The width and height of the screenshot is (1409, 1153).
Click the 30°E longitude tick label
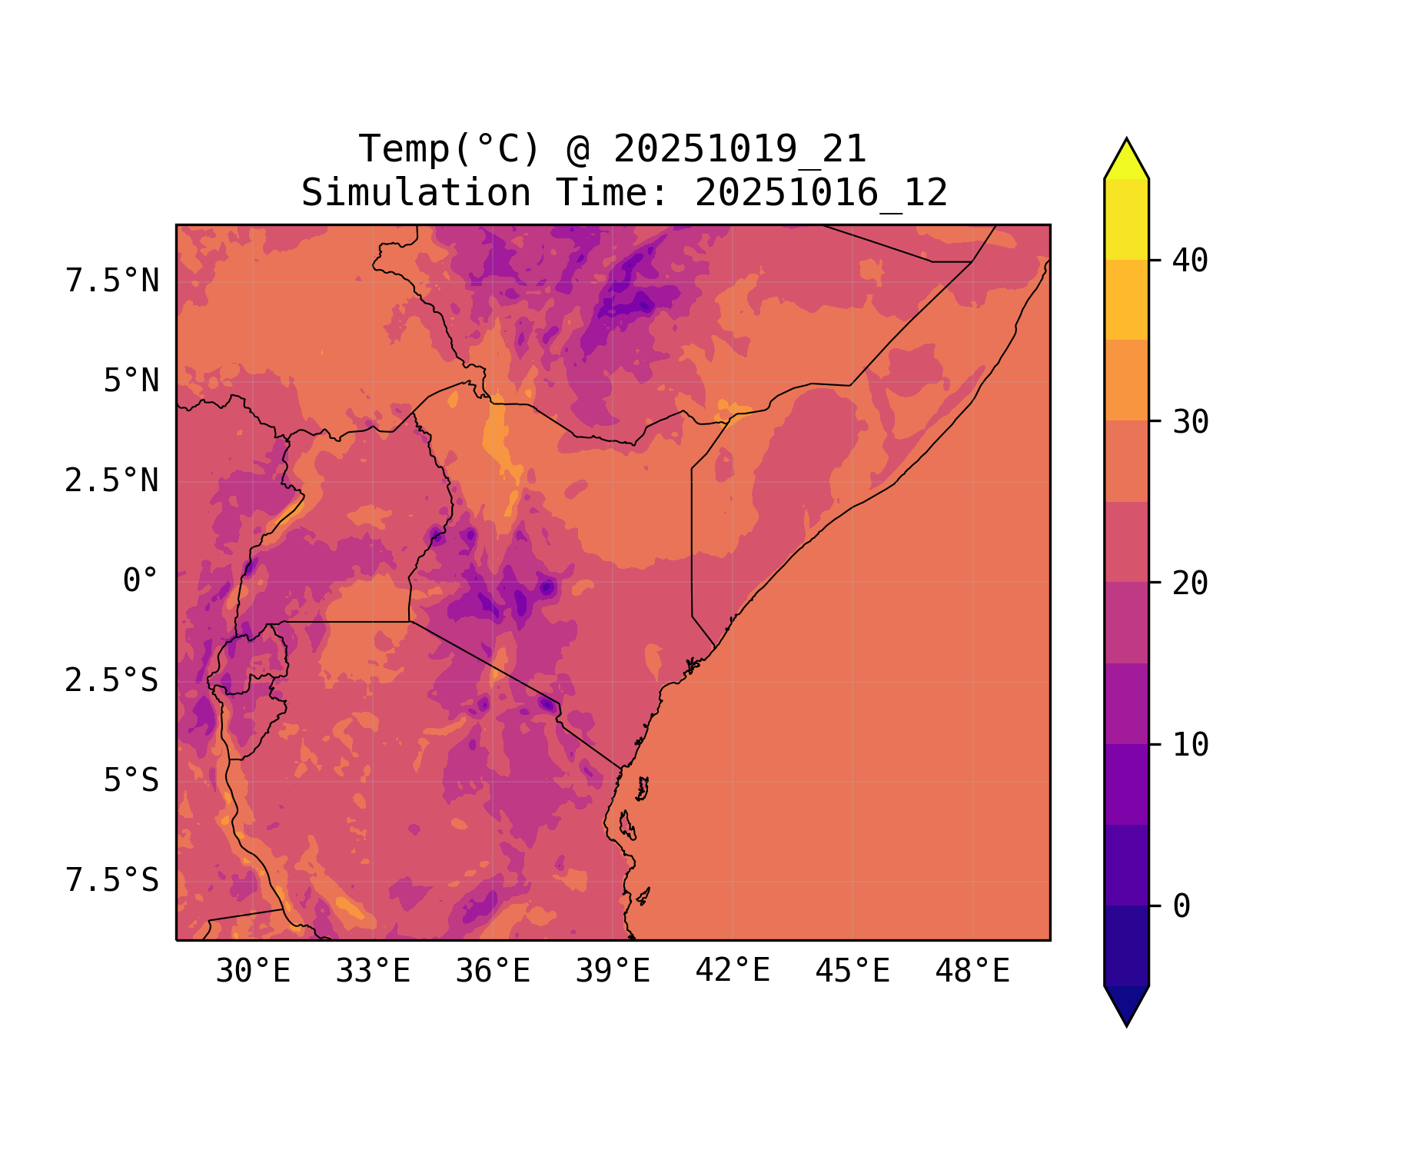pyautogui.click(x=253, y=972)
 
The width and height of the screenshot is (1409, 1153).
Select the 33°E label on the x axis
pyautogui.click(x=373, y=972)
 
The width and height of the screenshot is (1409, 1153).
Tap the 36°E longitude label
pyautogui.click(x=493, y=972)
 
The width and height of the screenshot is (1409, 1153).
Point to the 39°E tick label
pyautogui.click(x=613, y=972)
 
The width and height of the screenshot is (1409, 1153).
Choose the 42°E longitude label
pyautogui.click(x=733, y=972)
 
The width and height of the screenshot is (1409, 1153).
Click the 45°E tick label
pyautogui.click(x=852, y=972)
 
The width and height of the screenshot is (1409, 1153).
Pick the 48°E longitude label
pyautogui.click(x=972, y=972)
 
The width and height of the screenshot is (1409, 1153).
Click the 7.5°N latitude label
pyautogui.click(x=112, y=281)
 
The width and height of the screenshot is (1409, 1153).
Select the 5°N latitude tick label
pyautogui.click(x=131, y=381)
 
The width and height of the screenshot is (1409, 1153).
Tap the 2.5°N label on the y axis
pyautogui.click(x=112, y=481)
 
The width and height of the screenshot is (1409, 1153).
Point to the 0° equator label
pyautogui.click(x=141, y=581)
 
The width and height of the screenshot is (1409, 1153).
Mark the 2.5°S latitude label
pyautogui.click(x=112, y=681)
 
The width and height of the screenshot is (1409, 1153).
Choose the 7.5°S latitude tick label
pyautogui.click(x=112, y=881)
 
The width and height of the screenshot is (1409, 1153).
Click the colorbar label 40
pyautogui.click(x=1191, y=261)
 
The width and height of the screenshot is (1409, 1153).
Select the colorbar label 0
pyautogui.click(x=1181, y=906)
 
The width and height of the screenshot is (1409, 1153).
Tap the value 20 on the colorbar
pyautogui.click(x=1191, y=583)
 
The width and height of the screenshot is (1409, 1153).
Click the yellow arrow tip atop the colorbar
pyautogui.click(x=1126, y=158)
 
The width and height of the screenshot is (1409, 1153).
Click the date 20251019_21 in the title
pyautogui.click(x=739, y=149)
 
